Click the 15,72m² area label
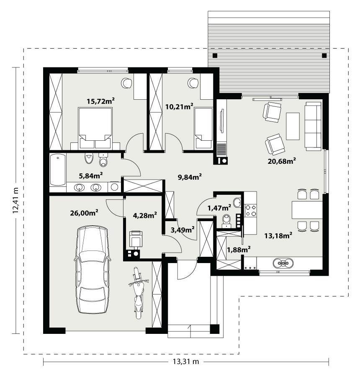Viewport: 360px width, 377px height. coord(101,101)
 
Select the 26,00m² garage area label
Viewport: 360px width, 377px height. coord(84,213)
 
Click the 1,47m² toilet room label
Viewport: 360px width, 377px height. coord(219,207)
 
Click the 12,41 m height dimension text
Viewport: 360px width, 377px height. coord(16,200)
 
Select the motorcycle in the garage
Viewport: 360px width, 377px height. coord(137,293)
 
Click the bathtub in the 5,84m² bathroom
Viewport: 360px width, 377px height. coord(58,169)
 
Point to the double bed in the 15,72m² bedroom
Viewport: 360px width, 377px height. coord(95,125)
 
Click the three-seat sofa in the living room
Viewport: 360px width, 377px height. coord(313,125)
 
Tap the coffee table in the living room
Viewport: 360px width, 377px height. coord(293,126)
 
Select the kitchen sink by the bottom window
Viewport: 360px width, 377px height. coord(283,263)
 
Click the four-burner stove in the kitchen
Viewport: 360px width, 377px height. coord(251,210)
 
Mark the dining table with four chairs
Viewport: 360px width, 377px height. coord(307,210)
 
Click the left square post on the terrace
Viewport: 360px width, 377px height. coord(215,55)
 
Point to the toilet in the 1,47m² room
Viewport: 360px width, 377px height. coord(227,219)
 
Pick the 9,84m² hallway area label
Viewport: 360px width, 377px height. coord(190,177)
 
